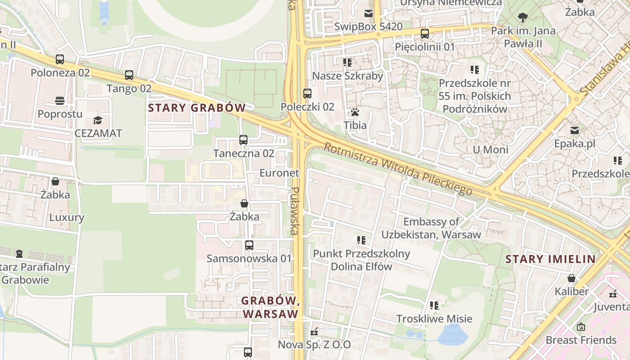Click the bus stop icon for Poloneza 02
pyautogui.click(x=60, y=59)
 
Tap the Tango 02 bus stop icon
pyautogui.click(x=129, y=75)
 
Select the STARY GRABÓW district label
pyautogui.click(x=197, y=108)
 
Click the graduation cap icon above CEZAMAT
pyautogui.click(x=98, y=120)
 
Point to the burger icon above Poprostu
pyautogui.click(x=60, y=100)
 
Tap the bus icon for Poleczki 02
pyautogui.click(x=307, y=94)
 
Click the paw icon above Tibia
pyautogui.click(x=355, y=112)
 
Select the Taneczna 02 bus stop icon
pyautogui.click(x=243, y=140)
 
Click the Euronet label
pyautogui.click(x=279, y=173)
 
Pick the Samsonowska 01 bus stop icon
pyautogui.click(x=249, y=245)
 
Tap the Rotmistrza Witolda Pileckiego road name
pyautogui.click(x=398, y=169)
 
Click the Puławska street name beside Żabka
pyautogui.click(x=294, y=211)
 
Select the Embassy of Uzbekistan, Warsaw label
pyautogui.click(x=431, y=228)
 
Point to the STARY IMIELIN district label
pyautogui.click(x=550, y=259)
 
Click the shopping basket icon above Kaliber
pyautogui.click(x=571, y=278)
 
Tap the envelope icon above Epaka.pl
pyautogui.click(x=575, y=130)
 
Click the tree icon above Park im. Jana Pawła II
pyautogui.click(x=523, y=18)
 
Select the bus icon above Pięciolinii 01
pyautogui.click(x=424, y=33)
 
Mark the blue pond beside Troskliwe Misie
pyautogui.click(x=453, y=335)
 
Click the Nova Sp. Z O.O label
pyautogui.click(x=314, y=345)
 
